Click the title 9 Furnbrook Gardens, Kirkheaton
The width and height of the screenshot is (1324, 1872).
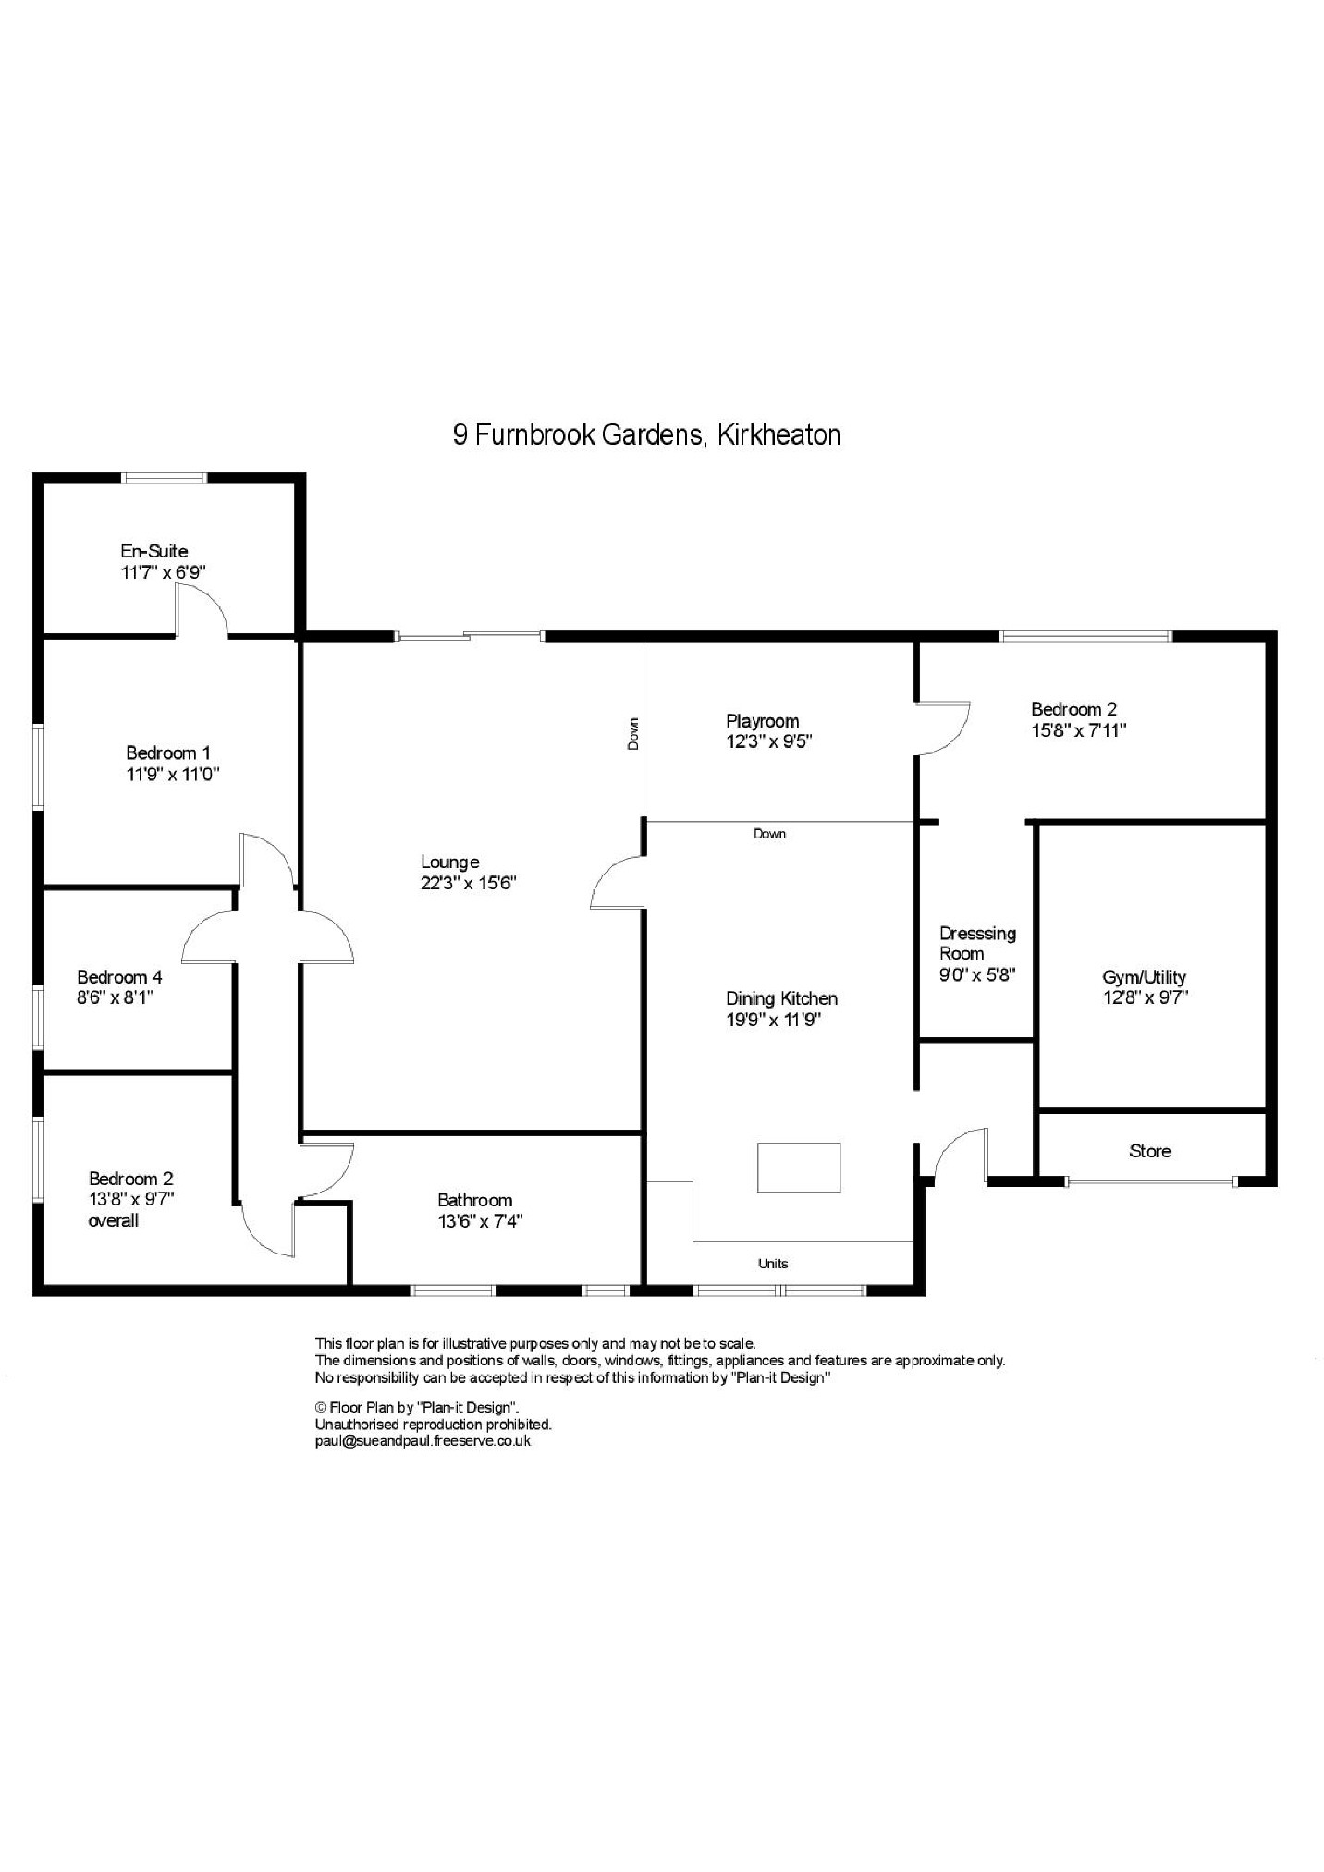coord(646,434)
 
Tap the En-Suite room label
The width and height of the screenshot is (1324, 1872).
coord(154,551)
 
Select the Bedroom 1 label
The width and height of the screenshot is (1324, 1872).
coord(168,752)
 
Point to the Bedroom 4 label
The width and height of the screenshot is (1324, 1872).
coord(119,976)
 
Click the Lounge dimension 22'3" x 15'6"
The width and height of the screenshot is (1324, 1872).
coord(468,883)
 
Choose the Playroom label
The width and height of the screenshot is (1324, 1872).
coord(762,720)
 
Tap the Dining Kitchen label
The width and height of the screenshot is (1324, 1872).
coord(781,998)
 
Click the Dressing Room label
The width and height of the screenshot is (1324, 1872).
coord(977,943)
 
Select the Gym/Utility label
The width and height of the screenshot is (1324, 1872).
coord(1144,976)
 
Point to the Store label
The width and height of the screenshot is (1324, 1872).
coord(1149,1151)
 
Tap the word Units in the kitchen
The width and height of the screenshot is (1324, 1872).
coord(773,1264)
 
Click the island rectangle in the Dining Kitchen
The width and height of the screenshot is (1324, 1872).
coord(799,1167)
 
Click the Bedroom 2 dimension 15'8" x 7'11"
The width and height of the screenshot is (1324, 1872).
coord(1079,730)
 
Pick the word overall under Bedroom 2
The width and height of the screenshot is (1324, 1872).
coord(113,1220)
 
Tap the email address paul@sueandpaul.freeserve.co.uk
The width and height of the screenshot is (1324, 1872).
coord(423,1440)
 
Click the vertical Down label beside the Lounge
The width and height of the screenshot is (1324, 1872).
coord(633,733)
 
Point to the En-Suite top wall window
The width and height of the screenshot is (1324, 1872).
coord(165,478)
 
